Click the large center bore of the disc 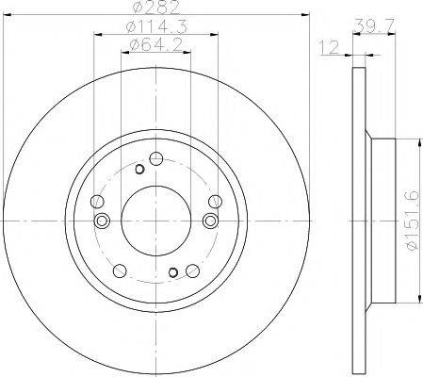tap(155, 220)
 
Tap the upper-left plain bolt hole tap(98, 200)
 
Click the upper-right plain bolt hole tap(214, 200)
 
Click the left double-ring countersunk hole tap(103, 220)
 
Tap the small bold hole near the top tap(139, 169)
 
